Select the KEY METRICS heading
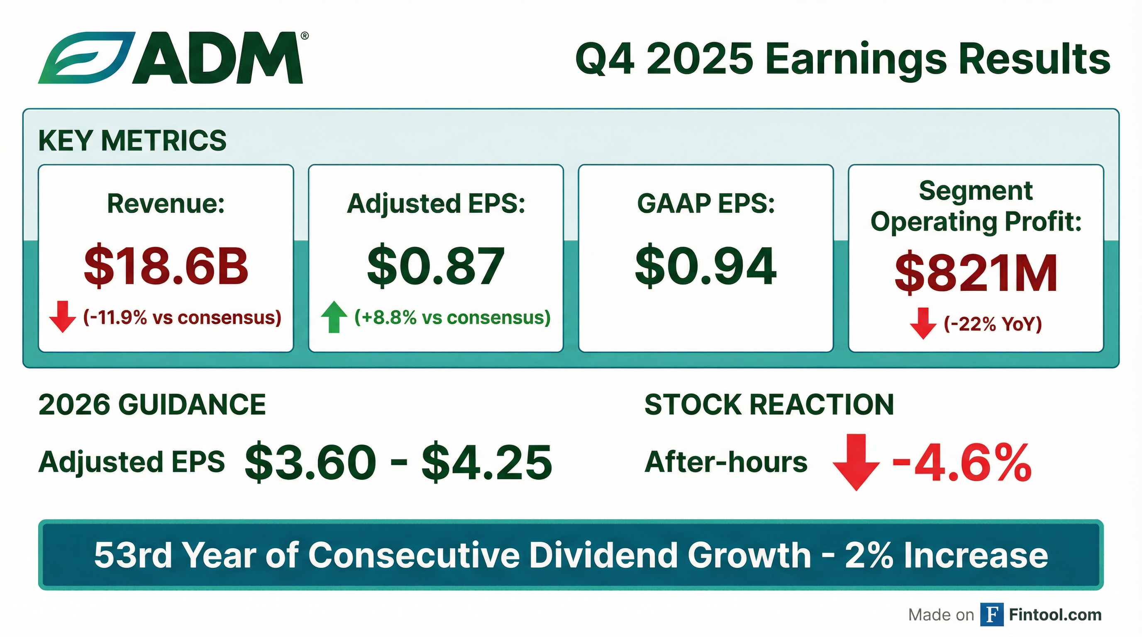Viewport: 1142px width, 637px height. point(132,141)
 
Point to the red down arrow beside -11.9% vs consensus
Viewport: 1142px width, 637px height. point(63,316)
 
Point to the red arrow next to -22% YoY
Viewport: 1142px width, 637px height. point(923,323)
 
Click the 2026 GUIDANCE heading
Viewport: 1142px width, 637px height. point(152,404)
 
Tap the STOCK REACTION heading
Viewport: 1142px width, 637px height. point(769,404)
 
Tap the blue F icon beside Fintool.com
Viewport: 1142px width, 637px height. point(992,615)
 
